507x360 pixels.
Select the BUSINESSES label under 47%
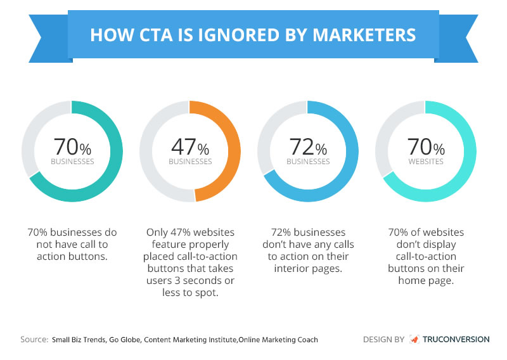pos(190,161)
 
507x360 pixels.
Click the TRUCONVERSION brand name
pos(456,339)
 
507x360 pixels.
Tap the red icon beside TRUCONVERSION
pos(414,339)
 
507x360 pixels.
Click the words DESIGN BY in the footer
pos(383,339)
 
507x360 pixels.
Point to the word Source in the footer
pos(32,340)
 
